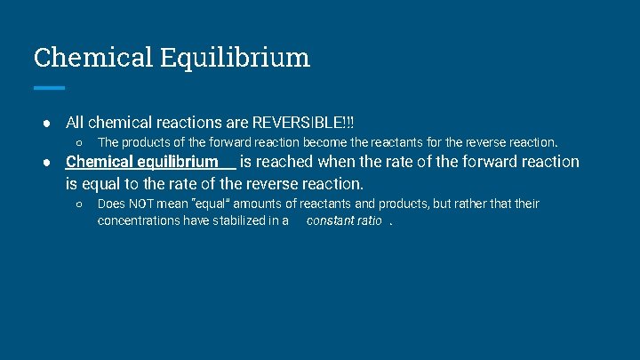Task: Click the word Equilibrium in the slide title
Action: click(x=236, y=58)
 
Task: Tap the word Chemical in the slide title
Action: click(x=93, y=58)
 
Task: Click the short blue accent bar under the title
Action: click(x=49, y=88)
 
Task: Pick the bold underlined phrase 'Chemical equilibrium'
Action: click(x=142, y=162)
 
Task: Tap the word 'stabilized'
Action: click(x=242, y=220)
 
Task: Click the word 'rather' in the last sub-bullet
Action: click(x=470, y=204)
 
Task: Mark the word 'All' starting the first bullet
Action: click(x=75, y=121)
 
